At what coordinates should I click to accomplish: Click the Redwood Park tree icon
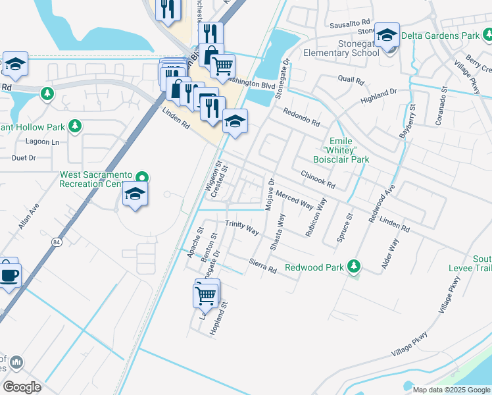pos(355,266)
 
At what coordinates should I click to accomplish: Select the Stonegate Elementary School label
pos(341,48)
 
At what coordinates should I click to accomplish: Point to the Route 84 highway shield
pos(57,243)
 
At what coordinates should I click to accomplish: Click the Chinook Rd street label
pos(318,176)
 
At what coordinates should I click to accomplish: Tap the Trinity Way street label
pos(242,227)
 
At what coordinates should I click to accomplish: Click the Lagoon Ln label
pos(42,142)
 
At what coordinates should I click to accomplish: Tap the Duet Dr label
pos(23,158)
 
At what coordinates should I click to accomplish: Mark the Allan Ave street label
pos(29,216)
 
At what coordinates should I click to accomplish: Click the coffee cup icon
pos(9,275)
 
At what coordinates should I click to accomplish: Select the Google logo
pos(22,386)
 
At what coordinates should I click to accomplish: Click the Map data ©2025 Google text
pos(451,390)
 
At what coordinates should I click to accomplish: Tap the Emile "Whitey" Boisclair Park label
pos(349,150)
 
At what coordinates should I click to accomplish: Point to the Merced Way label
pos(294,199)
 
